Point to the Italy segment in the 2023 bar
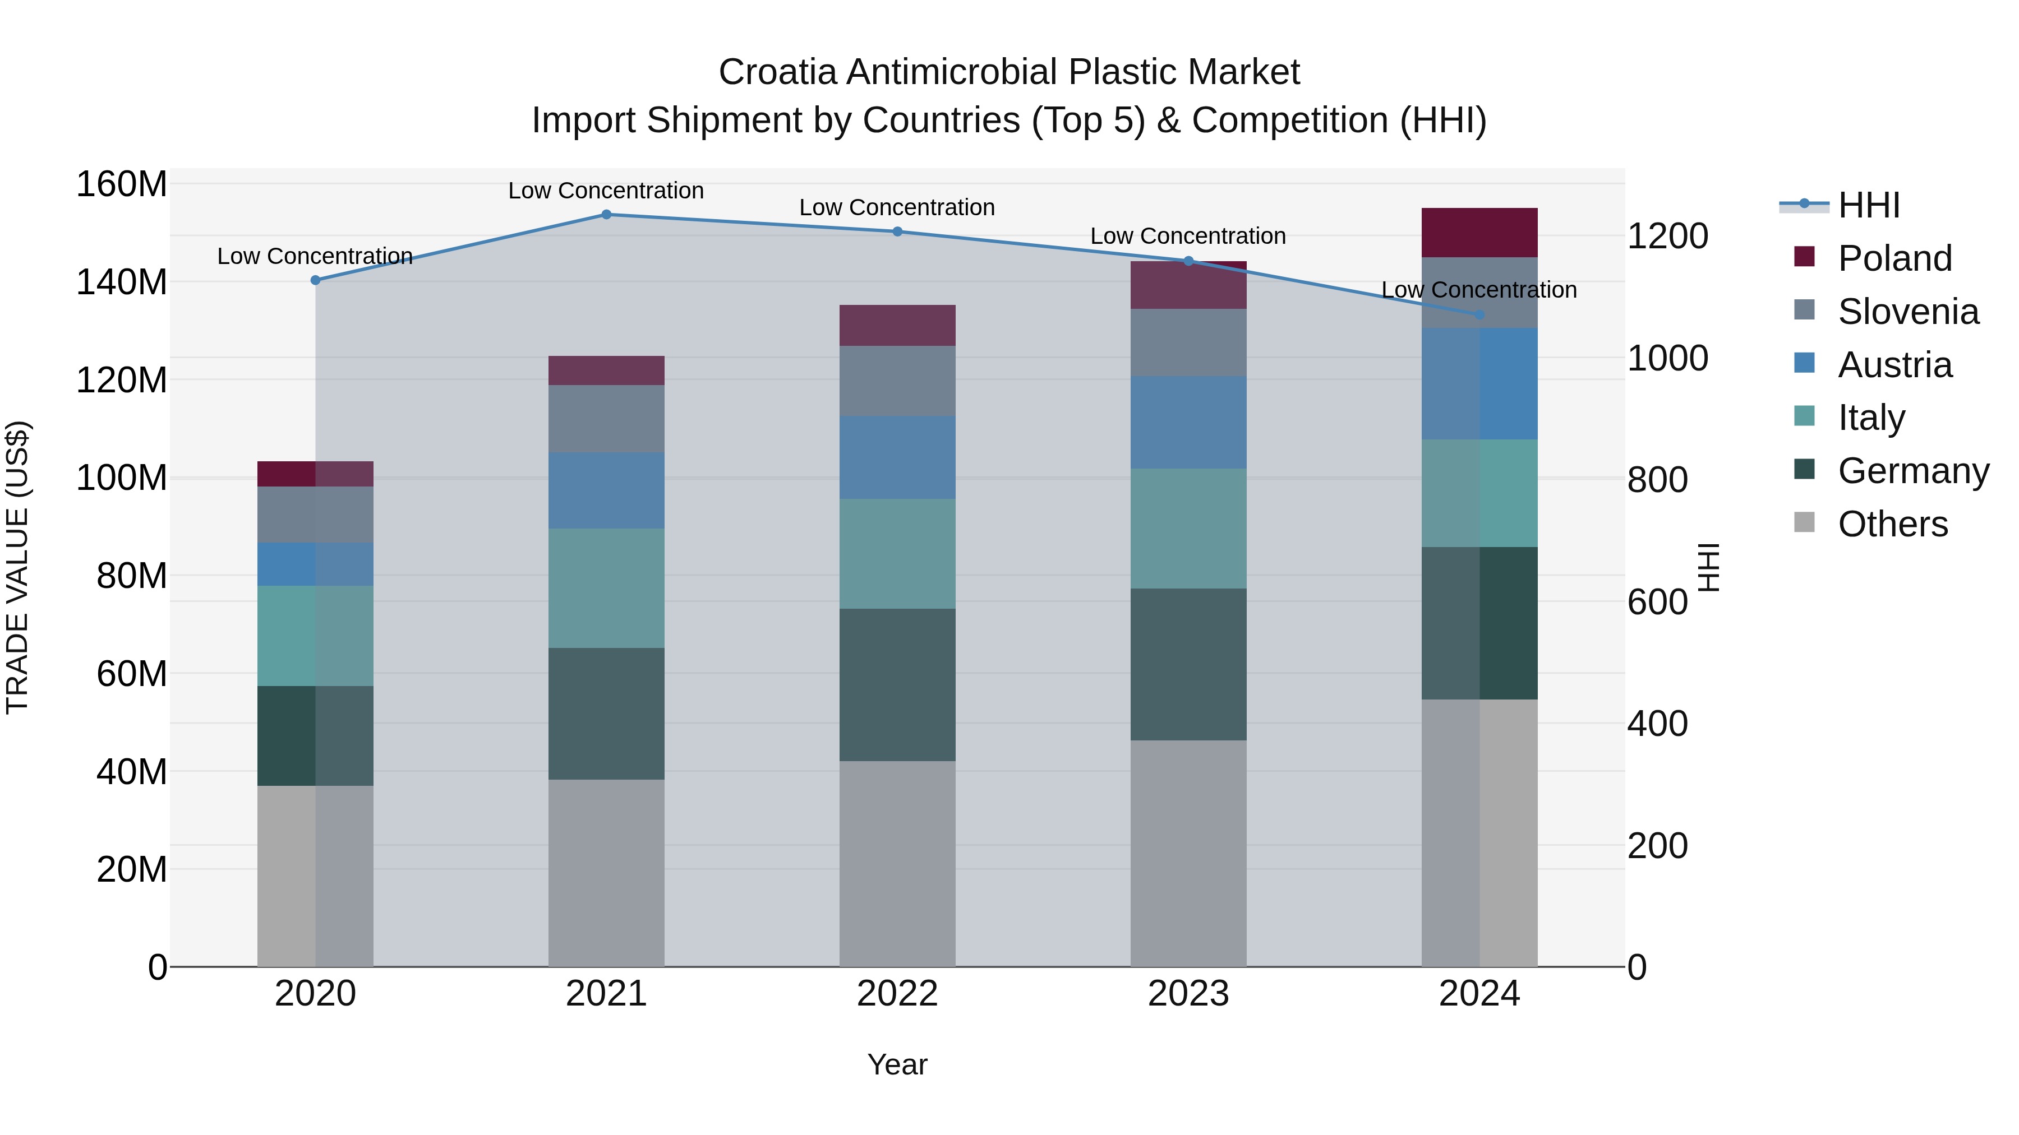pyautogui.click(x=1188, y=529)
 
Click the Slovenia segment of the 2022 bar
pyautogui.click(x=897, y=381)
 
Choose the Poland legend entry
pyautogui.click(x=1894, y=258)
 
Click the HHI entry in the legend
pyautogui.click(x=1869, y=205)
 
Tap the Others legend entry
pyautogui.click(x=1892, y=524)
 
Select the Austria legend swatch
pyautogui.click(x=1804, y=363)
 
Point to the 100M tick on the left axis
pyautogui.click(x=122, y=478)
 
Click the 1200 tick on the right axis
pyautogui.click(x=1667, y=237)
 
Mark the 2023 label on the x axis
pyautogui.click(x=1188, y=994)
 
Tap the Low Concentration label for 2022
pyautogui.click(x=897, y=207)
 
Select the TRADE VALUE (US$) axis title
pyautogui.click(x=17, y=567)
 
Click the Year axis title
pyautogui.click(x=897, y=1064)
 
